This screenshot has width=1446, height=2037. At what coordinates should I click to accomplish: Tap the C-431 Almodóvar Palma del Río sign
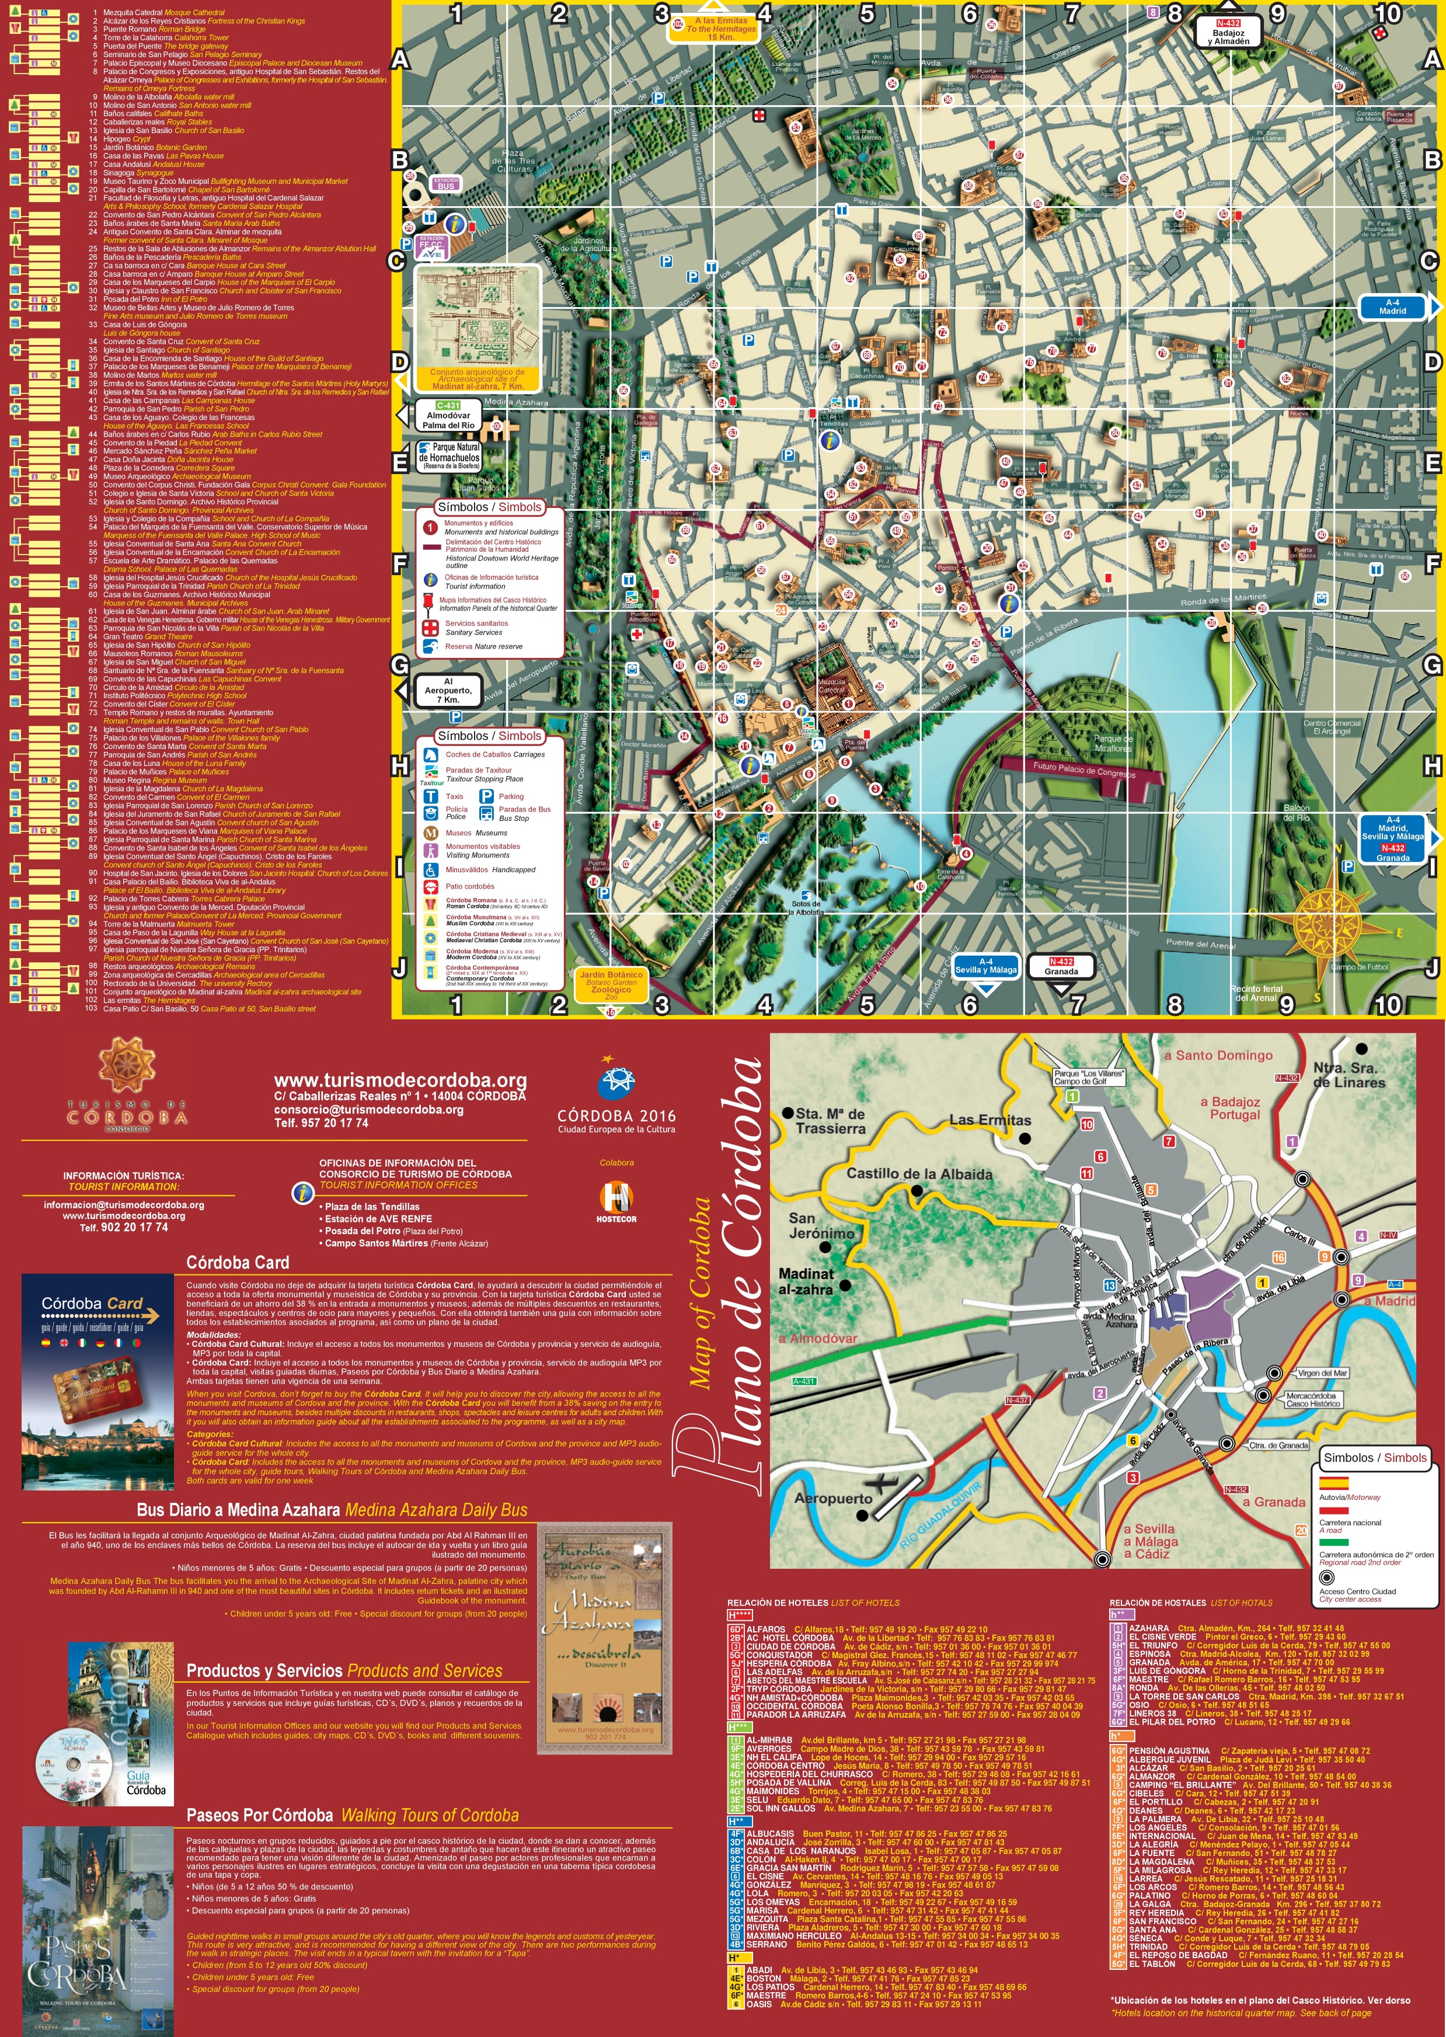tap(447, 415)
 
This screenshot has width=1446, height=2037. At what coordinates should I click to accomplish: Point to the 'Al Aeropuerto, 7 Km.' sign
tap(448, 691)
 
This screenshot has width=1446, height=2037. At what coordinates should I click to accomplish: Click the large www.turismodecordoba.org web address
tap(400, 1081)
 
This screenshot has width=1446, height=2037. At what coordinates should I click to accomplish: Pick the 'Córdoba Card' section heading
tap(238, 1262)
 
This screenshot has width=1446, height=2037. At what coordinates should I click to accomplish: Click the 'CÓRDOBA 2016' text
tap(616, 1116)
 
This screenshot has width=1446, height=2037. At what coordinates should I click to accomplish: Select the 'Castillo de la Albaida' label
tap(918, 1174)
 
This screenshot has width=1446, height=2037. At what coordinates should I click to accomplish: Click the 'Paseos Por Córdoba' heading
tap(260, 1815)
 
